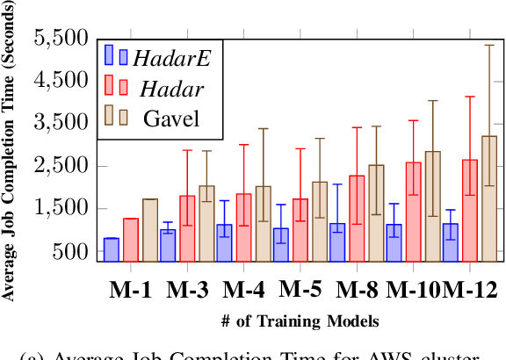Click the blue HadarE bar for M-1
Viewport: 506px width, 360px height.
(x=112, y=249)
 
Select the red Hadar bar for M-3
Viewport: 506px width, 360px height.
(x=187, y=228)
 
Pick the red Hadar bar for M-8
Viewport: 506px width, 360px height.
(x=357, y=219)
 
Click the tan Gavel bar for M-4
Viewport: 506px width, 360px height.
(x=263, y=223)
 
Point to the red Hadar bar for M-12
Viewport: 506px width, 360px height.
(x=470, y=211)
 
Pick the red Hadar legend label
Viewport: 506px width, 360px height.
(x=169, y=87)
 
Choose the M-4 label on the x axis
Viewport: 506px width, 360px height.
(x=245, y=289)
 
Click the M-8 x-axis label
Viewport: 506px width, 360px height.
(x=358, y=289)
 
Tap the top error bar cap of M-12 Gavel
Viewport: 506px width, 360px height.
(x=489, y=45)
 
